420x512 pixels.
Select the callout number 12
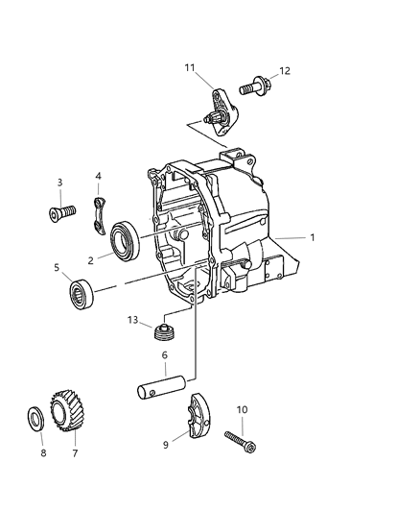click(x=285, y=71)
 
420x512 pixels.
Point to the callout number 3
click(x=59, y=181)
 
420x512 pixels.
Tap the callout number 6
click(x=165, y=354)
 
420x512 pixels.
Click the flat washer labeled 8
click(x=34, y=420)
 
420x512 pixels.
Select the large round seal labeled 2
click(x=127, y=240)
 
